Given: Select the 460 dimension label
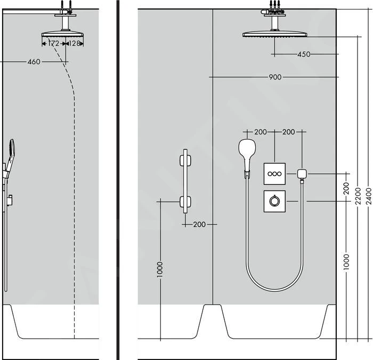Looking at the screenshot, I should (x=34, y=62).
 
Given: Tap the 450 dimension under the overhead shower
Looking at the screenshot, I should (x=304, y=54).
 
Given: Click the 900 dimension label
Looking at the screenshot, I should (x=275, y=77).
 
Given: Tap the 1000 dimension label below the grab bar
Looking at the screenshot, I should (x=160, y=270).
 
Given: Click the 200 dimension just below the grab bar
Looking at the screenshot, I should (x=199, y=225).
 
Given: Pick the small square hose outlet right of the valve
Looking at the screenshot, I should (x=303, y=173).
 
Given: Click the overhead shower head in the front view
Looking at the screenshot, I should (x=274, y=35).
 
